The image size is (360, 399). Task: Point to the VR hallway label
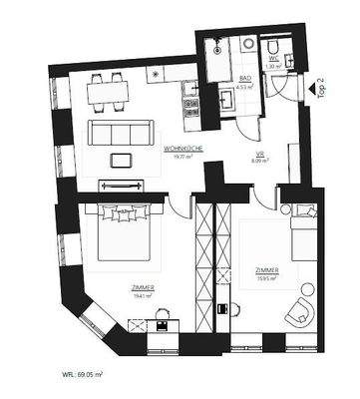pos(258,155)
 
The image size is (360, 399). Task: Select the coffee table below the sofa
pos(121,159)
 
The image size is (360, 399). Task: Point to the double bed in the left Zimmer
pos(121,235)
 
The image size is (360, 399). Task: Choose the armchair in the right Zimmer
pos(299,311)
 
